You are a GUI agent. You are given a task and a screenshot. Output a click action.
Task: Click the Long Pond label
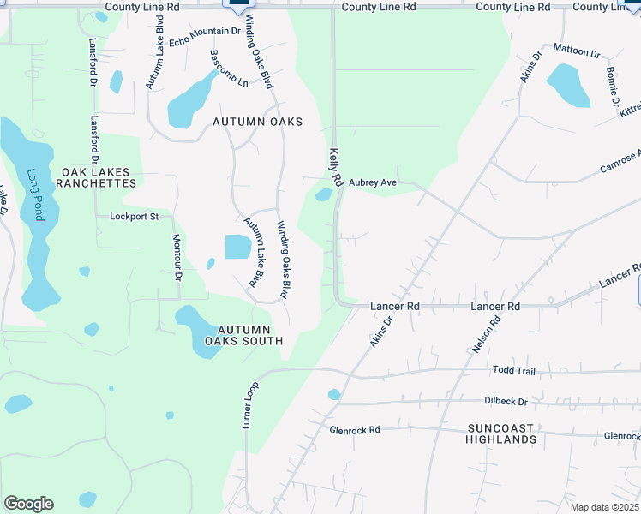[x=35, y=194]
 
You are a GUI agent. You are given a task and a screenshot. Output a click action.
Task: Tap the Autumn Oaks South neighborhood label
[x=243, y=335]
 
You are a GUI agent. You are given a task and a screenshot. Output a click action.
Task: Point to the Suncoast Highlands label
[x=501, y=433]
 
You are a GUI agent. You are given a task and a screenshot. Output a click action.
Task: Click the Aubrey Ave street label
[x=372, y=182]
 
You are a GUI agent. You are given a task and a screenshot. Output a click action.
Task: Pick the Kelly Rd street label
[x=335, y=167]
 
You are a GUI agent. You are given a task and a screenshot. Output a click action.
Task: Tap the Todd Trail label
[x=513, y=370]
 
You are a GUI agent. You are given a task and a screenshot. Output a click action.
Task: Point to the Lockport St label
[x=135, y=217]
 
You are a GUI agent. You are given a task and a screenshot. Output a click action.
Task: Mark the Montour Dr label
[x=177, y=258]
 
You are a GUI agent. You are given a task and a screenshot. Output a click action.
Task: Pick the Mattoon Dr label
[x=577, y=50]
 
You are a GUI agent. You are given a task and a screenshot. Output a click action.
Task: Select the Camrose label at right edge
[x=620, y=159]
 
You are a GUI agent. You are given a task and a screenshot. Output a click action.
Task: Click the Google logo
[x=28, y=504]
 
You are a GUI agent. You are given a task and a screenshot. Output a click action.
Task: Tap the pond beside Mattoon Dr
[x=568, y=85]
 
